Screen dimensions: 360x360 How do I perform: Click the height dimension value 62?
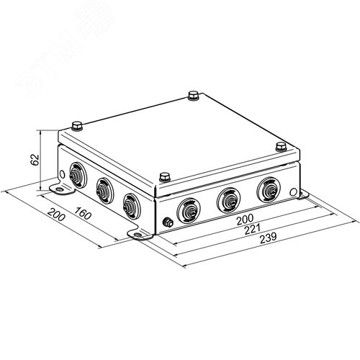35,160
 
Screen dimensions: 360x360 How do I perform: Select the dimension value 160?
83,213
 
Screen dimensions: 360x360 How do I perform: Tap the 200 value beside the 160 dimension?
56,215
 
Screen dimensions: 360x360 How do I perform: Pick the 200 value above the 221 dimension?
245,219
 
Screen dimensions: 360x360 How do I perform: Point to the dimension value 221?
253,229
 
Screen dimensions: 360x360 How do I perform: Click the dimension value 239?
269,238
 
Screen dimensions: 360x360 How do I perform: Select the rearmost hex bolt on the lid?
193,95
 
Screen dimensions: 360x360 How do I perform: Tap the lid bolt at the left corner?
77,126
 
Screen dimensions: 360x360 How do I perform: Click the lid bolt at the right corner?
281,146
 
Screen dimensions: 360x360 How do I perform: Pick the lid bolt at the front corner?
165,177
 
